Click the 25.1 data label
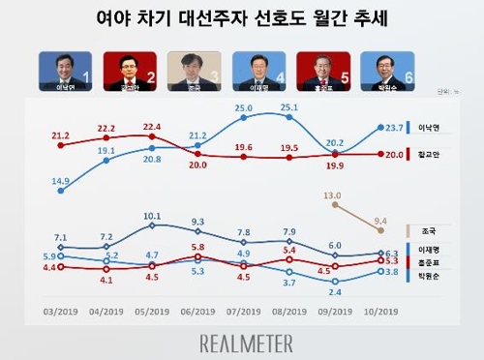pyautogui.click(x=289, y=106)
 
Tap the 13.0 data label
pyautogui.click(x=335, y=195)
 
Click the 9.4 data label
pyautogui.click(x=381, y=219)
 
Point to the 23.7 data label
pyautogui.click(x=397, y=127)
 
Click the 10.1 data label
pyautogui.click(x=152, y=216)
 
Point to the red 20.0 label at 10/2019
pyautogui.click(x=397, y=154)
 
